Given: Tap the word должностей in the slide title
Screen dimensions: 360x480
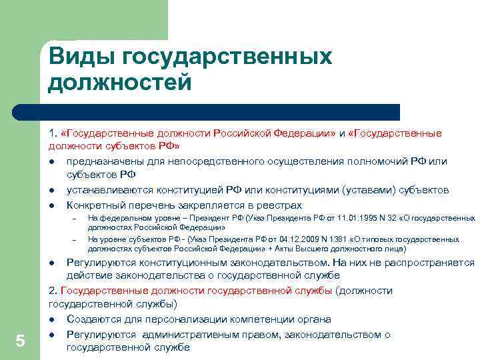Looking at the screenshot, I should pyautogui.click(x=120, y=82).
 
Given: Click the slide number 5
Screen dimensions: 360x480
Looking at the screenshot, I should pyautogui.click(x=20, y=341).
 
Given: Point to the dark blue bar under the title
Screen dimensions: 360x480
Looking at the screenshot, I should pyautogui.click(x=220, y=111).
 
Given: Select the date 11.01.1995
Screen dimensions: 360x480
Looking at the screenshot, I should pyautogui.click(x=337, y=218).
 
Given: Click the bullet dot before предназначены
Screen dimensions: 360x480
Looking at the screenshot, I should pyautogui.click(x=51, y=162).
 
